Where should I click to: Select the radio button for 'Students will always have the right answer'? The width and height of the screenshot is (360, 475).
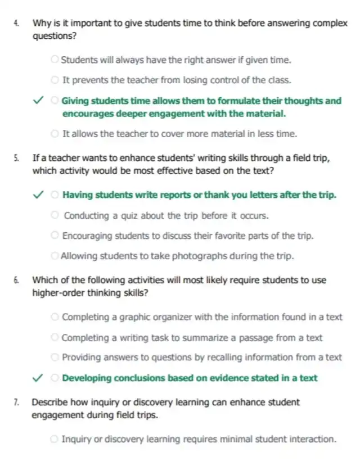tap(55, 59)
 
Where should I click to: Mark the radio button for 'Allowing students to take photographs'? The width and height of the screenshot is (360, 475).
tap(55, 256)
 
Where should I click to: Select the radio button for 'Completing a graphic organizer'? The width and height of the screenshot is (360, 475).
tap(56, 317)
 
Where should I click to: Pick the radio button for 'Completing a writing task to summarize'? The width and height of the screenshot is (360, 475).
tap(56, 338)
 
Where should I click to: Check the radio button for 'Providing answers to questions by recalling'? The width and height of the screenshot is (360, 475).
tap(56, 357)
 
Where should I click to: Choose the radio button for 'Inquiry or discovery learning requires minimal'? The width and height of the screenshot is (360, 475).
tap(55, 438)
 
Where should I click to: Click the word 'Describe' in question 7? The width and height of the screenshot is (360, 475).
tap(49, 402)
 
